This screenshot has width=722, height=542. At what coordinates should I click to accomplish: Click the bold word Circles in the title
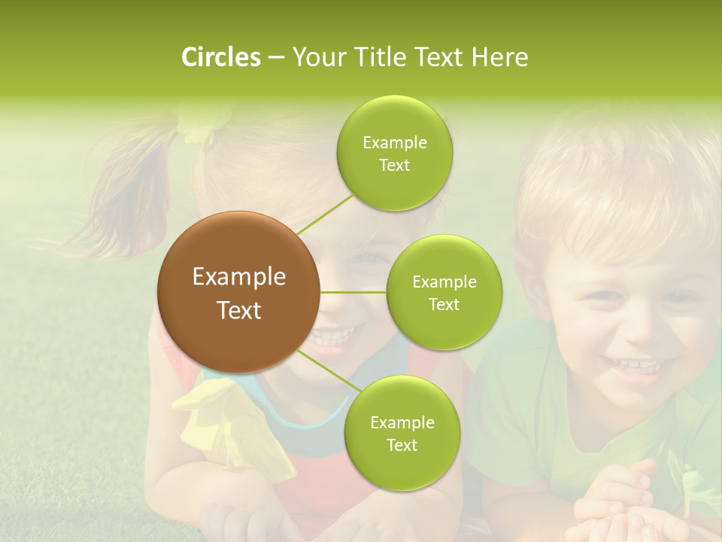pyautogui.click(x=220, y=57)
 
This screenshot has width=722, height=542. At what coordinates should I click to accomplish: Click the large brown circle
pyautogui.click(x=238, y=292)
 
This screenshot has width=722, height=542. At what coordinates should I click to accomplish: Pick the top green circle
pyautogui.click(x=394, y=153)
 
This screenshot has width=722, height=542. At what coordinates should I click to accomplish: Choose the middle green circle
pyautogui.click(x=444, y=292)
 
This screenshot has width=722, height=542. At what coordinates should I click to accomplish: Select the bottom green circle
pyautogui.click(x=402, y=433)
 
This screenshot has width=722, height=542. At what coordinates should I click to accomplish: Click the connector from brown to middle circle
pyautogui.click(x=353, y=292)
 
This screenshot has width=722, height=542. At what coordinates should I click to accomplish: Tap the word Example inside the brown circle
pyautogui.click(x=238, y=277)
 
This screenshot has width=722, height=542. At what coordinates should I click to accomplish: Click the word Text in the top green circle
pyautogui.click(x=394, y=166)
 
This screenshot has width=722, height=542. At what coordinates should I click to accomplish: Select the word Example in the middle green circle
pyautogui.click(x=444, y=282)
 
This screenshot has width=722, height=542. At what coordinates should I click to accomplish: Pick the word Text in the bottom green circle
pyautogui.click(x=402, y=445)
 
